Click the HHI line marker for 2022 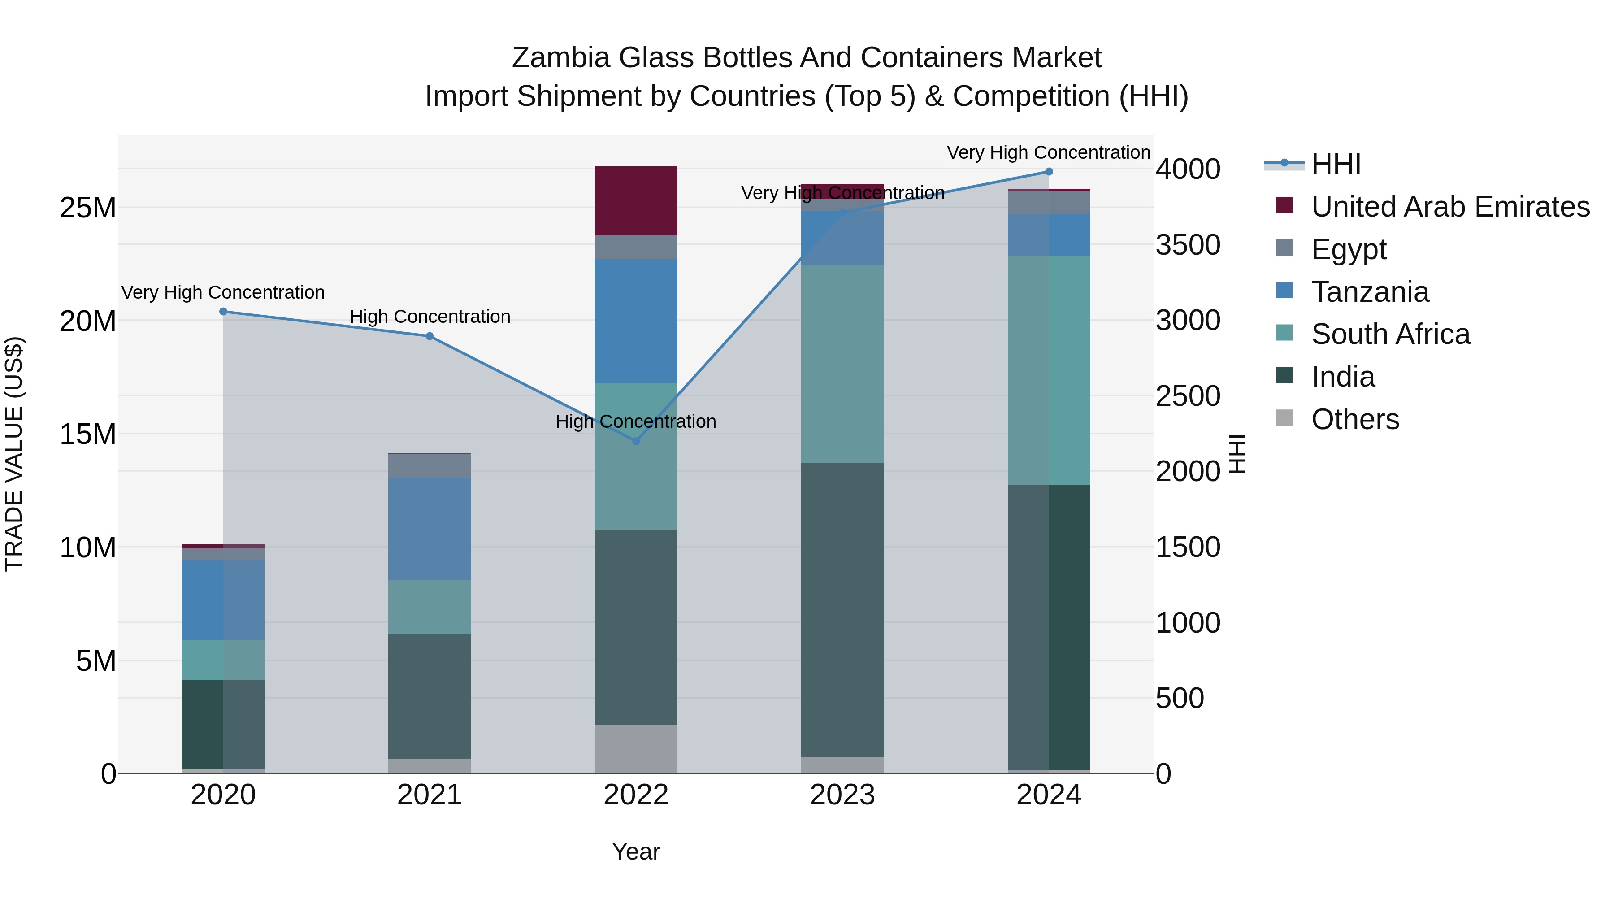(x=636, y=441)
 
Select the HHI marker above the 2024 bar (x=1049, y=172)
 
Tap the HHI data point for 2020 (x=223, y=312)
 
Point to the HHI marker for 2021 (x=430, y=336)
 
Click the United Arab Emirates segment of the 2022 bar (x=636, y=200)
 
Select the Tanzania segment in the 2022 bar (x=636, y=321)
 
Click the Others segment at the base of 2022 (x=636, y=749)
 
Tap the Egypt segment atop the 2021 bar (x=430, y=465)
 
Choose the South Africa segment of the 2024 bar (x=1049, y=370)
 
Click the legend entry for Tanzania (x=1370, y=292)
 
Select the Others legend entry (x=1354, y=419)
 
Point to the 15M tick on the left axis (x=88, y=434)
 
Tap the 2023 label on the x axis (x=843, y=795)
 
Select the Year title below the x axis (x=636, y=852)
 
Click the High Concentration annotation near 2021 (x=430, y=317)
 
